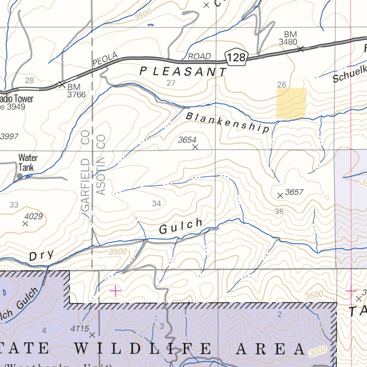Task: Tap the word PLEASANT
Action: click(183, 72)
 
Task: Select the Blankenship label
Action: click(228, 122)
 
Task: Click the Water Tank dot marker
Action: click(19, 176)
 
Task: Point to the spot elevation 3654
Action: click(187, 140)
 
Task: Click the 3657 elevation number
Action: click(295, 192)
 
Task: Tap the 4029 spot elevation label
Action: click(33, 216)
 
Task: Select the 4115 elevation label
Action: click(79, 329)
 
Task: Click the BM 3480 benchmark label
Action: click(289, 38)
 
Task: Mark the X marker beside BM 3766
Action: click(62, 85)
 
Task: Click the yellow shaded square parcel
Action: click(291, 103)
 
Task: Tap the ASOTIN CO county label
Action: click(101, 165)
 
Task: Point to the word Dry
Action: click(42, 256)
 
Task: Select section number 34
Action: click(156, 204)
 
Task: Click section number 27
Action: click(171, 83)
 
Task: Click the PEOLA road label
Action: click(105, 59)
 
